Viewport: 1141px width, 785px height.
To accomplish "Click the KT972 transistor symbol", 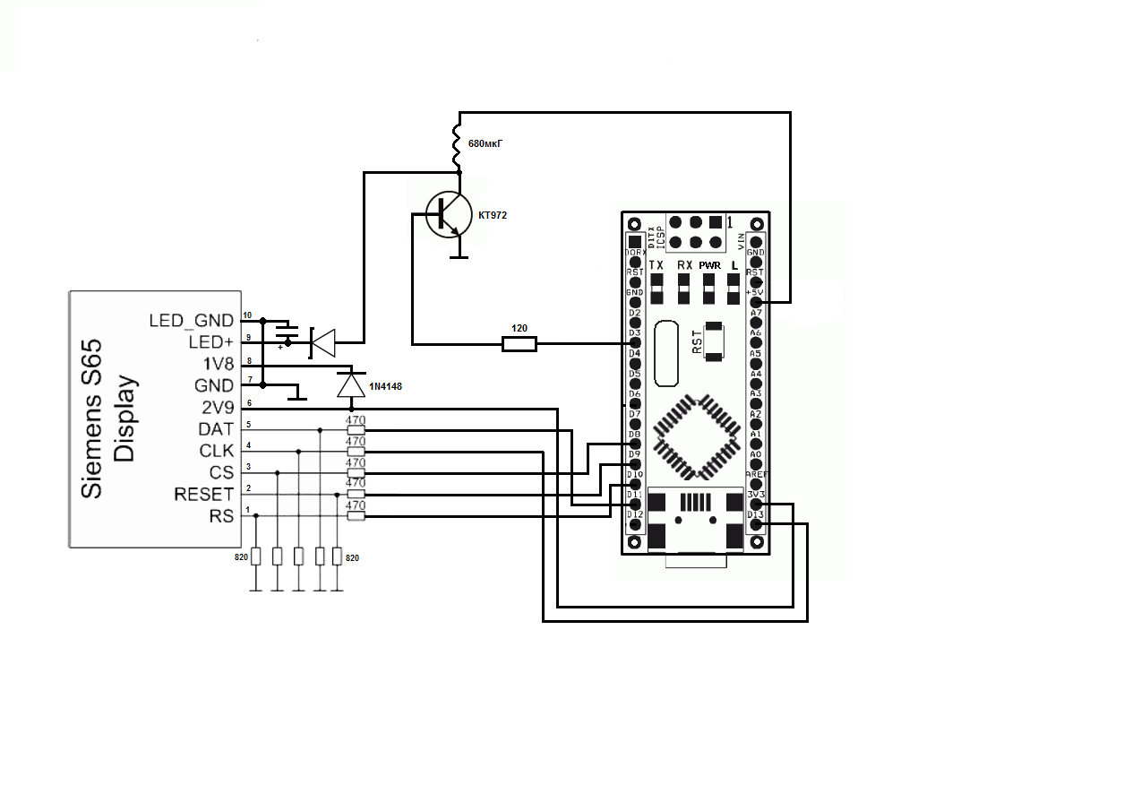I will pyautogui.click(x=449, y=214).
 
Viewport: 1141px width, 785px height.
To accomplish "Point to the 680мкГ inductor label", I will pyautogui.click(x=484, y=143).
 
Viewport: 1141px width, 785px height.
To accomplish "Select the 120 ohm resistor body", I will pyautogui.click(x=519, y=343).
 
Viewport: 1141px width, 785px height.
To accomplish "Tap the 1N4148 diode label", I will pyautogui.click(x=387, y=385).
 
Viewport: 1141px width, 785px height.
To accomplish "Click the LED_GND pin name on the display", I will pyautogui.click(x=191, y=320).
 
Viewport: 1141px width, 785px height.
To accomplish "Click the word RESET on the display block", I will pyautogui.click(x=203, y=495).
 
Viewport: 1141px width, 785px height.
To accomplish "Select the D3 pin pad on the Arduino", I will pyautogui.click(x=635, y=343).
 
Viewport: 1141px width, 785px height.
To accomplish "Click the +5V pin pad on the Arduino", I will pyautogui.click(x=756, y=303).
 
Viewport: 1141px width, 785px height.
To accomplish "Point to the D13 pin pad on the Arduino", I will pyautogui.click(x=756, y=525).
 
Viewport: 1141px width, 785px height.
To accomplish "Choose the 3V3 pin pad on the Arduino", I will pyautogui.click(x=756, y=505).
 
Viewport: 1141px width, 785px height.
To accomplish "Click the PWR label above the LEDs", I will pyautogui.click(x=709, y=265).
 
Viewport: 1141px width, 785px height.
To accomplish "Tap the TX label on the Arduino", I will pyautogui.click(x=656, y=265).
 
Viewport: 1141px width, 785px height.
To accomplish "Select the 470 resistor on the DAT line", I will pyautogui.click(x=356, y=431).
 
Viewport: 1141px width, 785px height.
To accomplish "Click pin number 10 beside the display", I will pyautogui.click(x=247, y=315).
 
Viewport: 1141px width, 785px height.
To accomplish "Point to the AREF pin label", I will pyautogui.click(x=756, y=474).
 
